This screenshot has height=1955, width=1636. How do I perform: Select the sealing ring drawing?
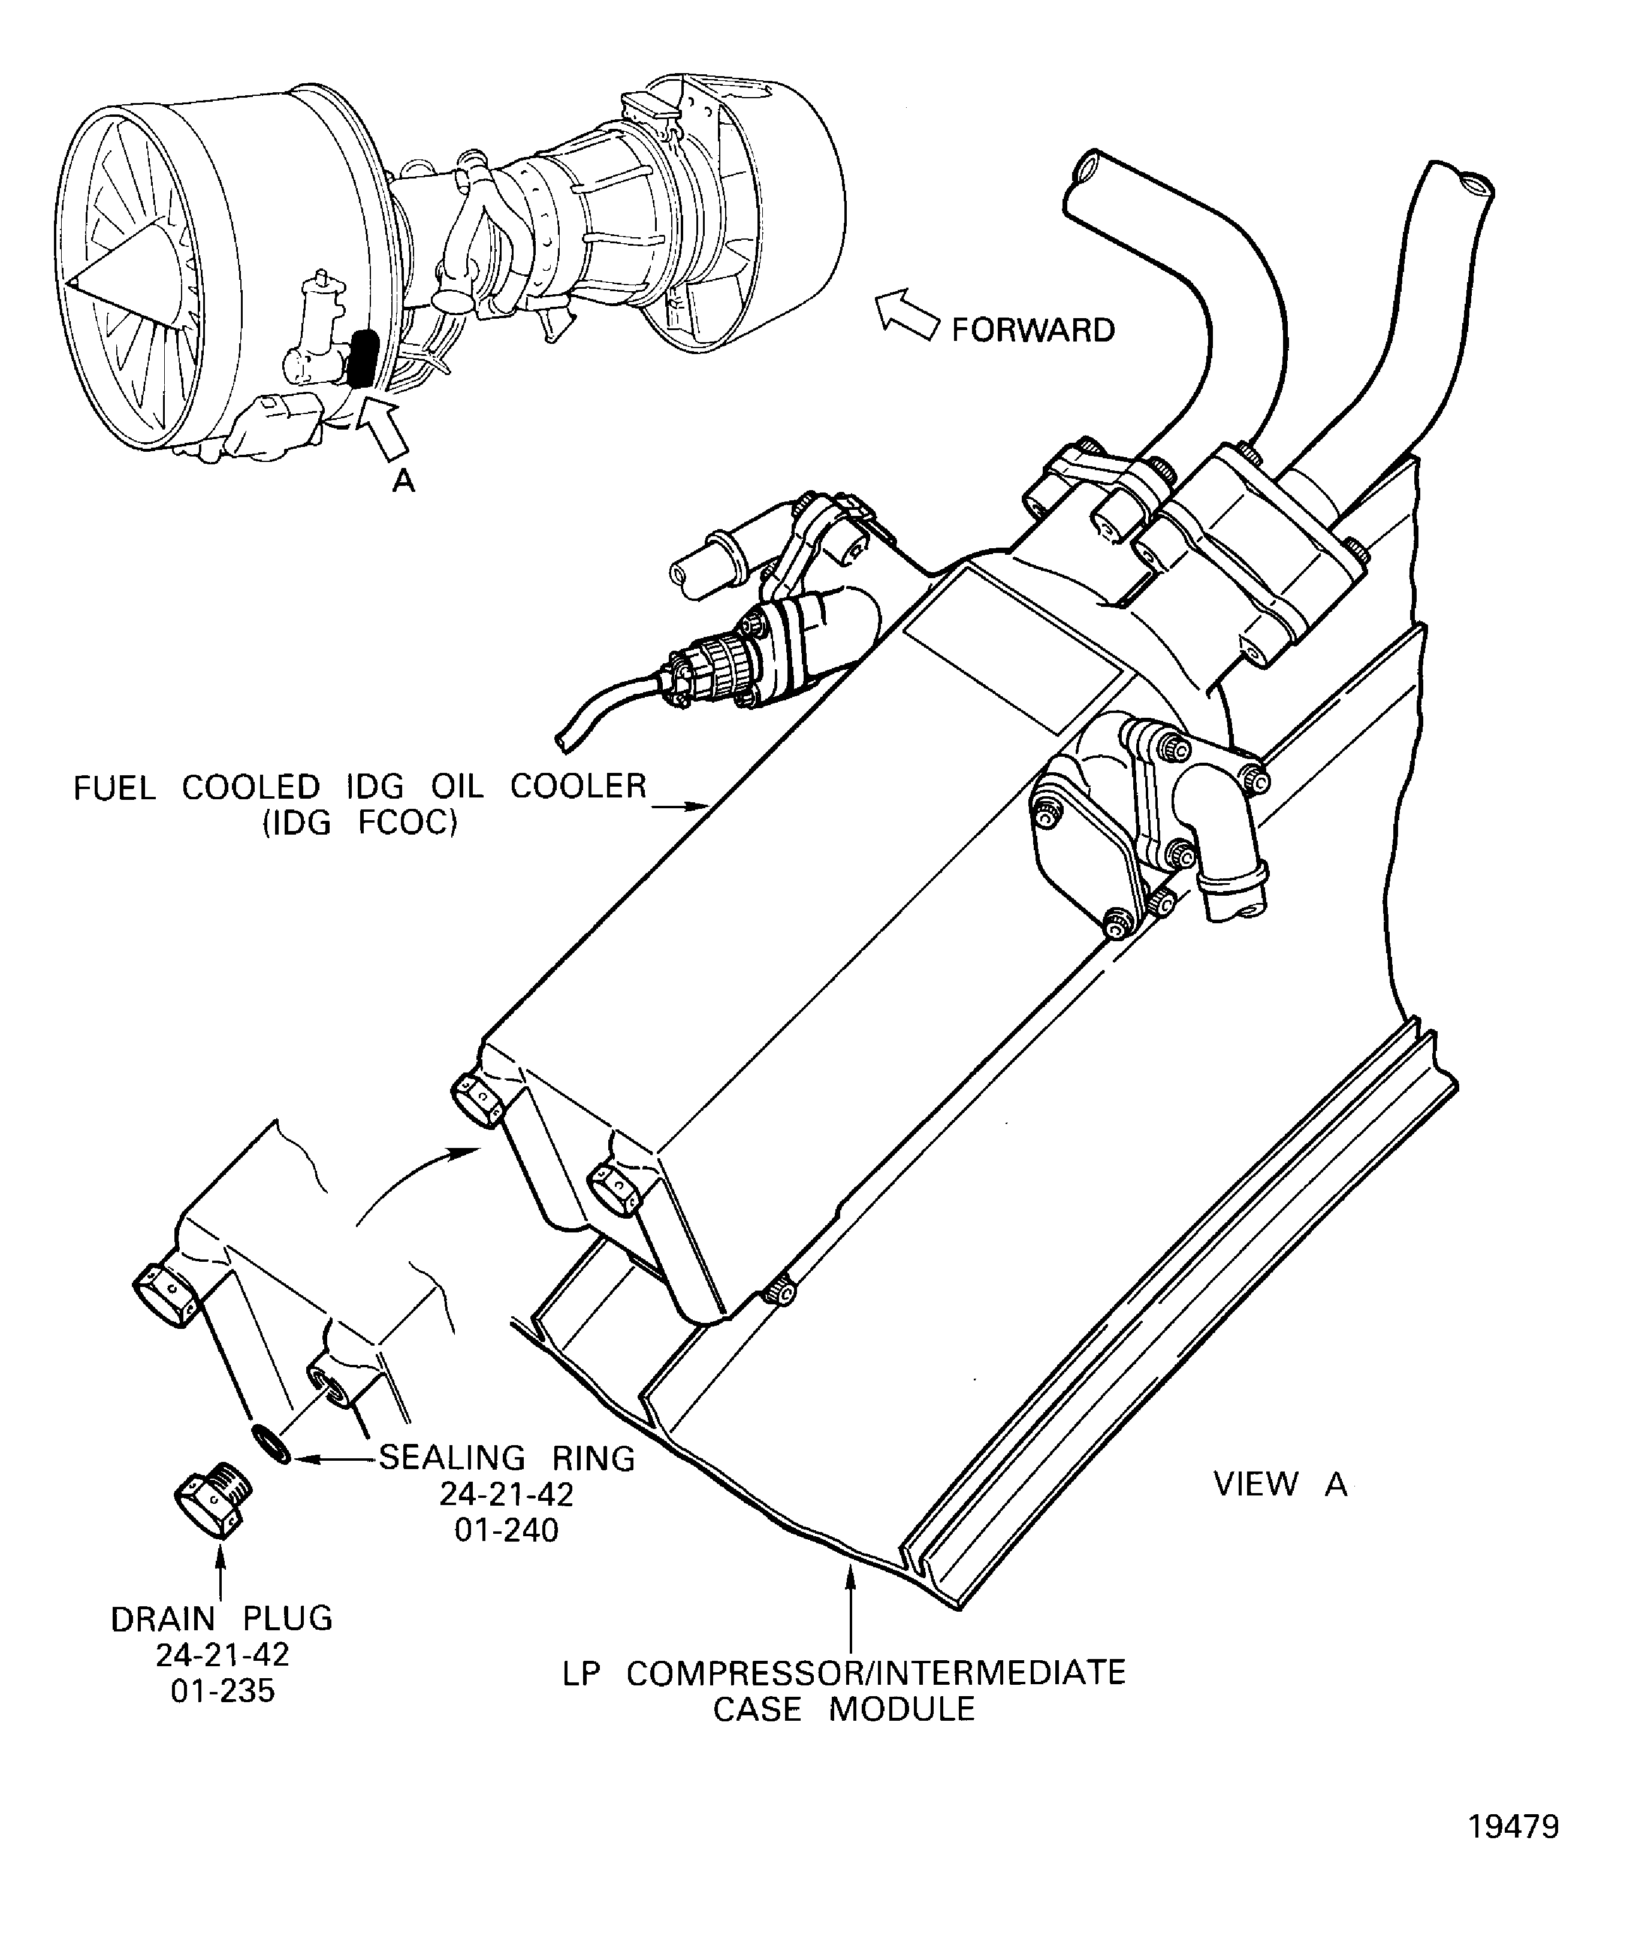271,1442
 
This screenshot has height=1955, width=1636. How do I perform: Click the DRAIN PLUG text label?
222,1619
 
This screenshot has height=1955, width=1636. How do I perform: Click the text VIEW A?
1280,1484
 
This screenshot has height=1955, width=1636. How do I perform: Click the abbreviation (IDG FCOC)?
360,824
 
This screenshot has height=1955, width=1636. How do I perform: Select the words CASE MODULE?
844,1709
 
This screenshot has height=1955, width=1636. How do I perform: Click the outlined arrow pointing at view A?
380,428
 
